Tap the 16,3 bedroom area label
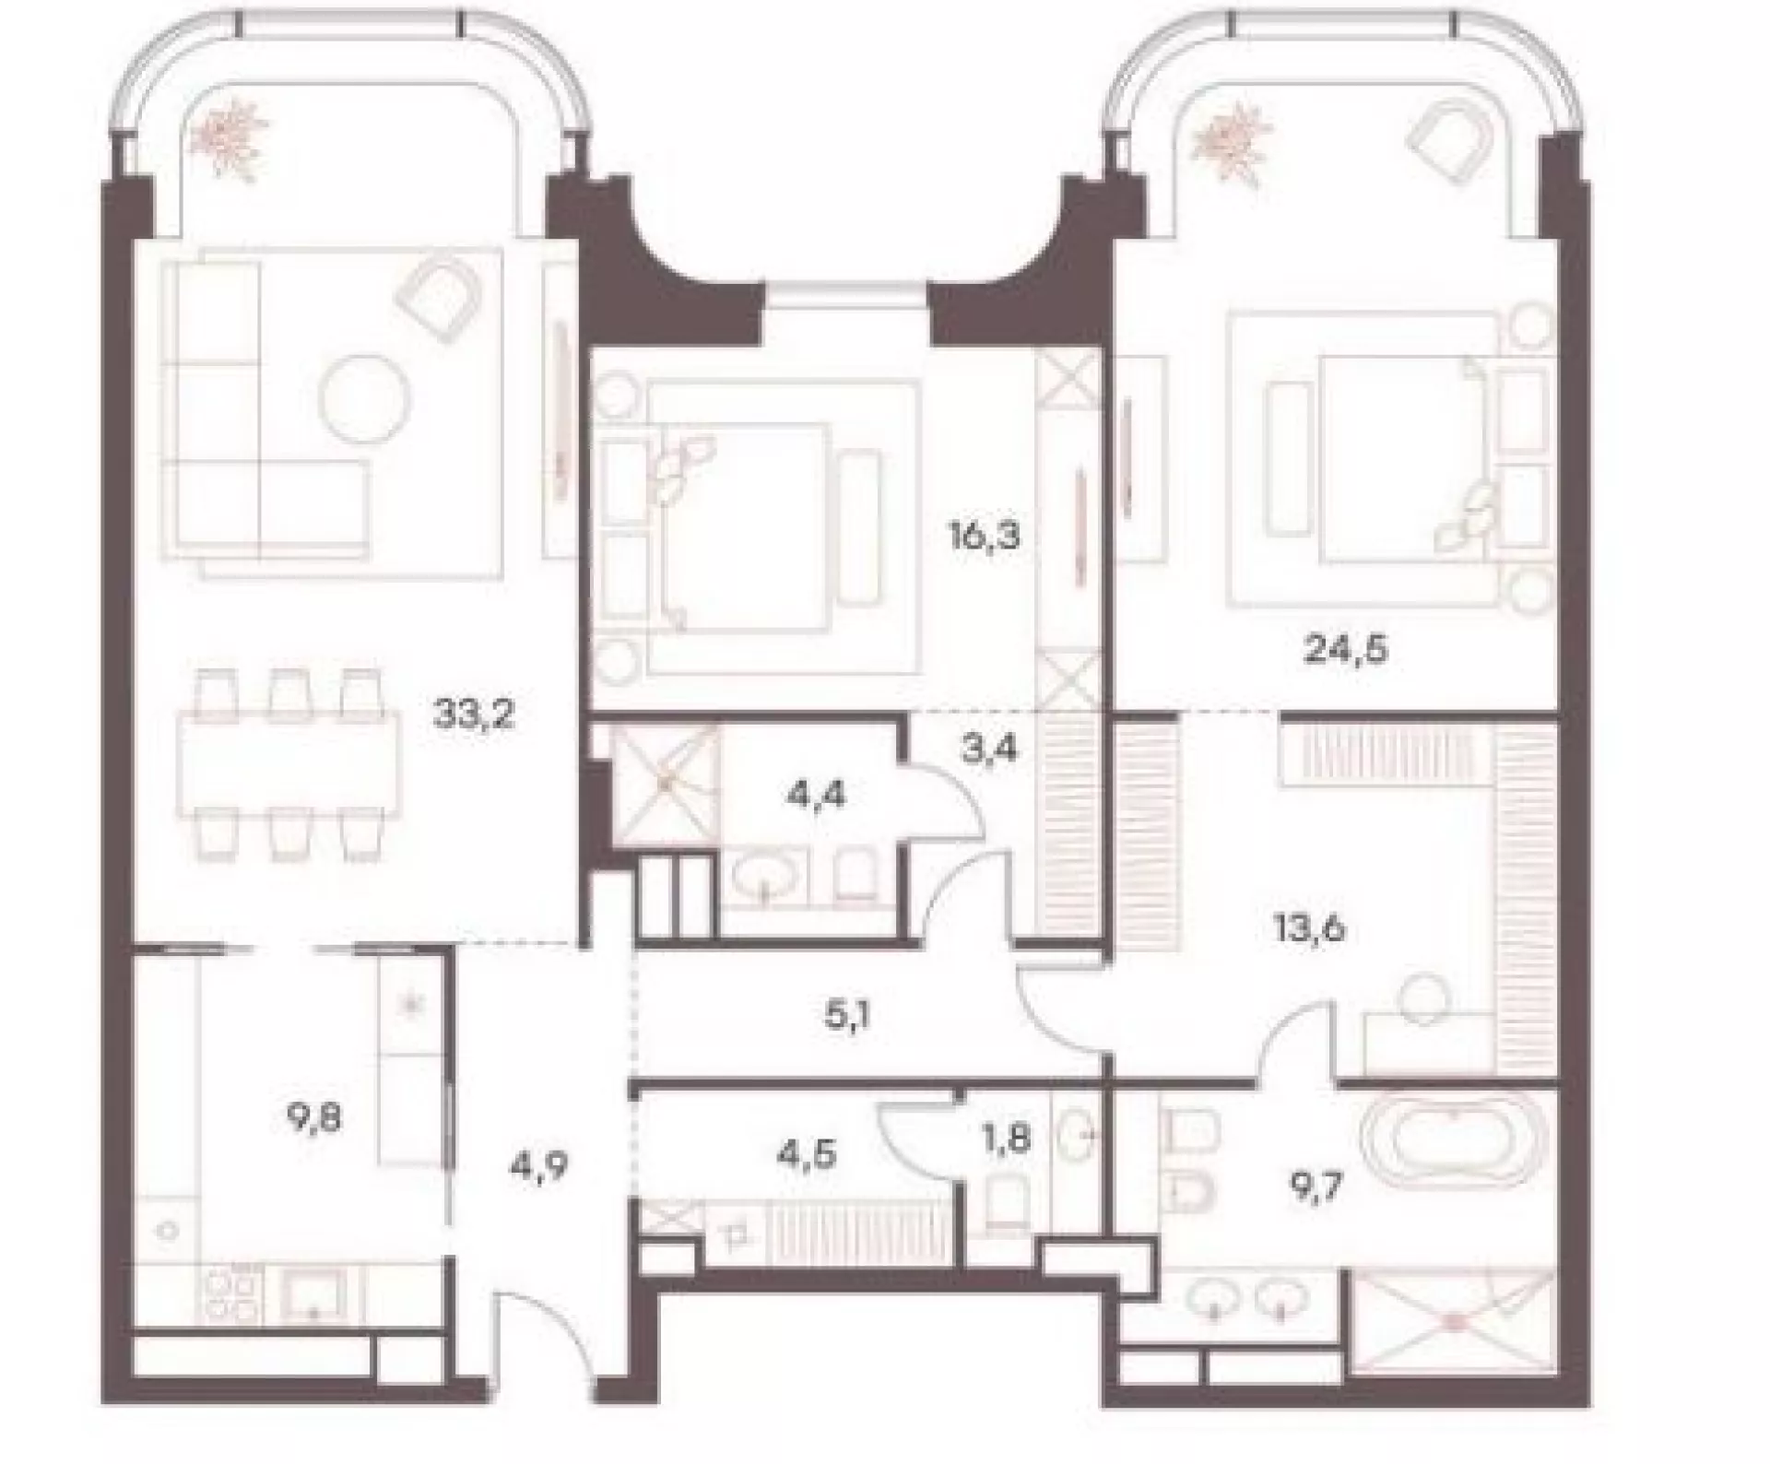[x=985, y=536]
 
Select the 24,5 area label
[x=1345, y=650]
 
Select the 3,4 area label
[x=988, y=750]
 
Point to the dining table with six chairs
[x=290, y=764]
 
